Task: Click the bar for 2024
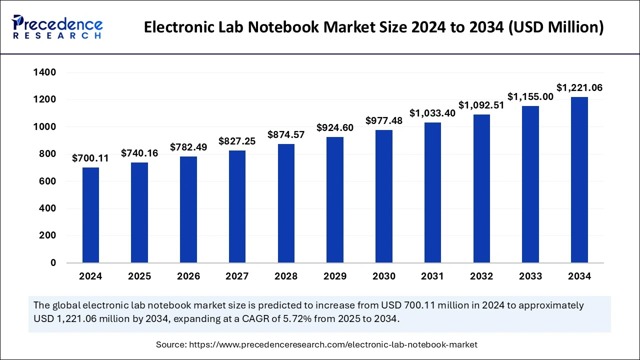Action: coord(90,215)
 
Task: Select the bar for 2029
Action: coord(335,200)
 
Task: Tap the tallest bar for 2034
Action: coord(579,180)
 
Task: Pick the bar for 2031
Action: coord(433,192)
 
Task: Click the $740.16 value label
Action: coord(139,153)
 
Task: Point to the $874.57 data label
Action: coord(286,134)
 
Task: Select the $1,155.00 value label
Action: coord(530,97)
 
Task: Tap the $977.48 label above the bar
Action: coord(384,120)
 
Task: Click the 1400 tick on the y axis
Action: coord(44,73)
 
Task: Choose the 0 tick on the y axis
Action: coord(53,263)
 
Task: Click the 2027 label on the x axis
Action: coord(237,276)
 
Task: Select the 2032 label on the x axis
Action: coord(481,276)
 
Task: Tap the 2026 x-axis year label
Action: coord(188,276)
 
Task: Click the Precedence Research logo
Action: coord(57,27)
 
